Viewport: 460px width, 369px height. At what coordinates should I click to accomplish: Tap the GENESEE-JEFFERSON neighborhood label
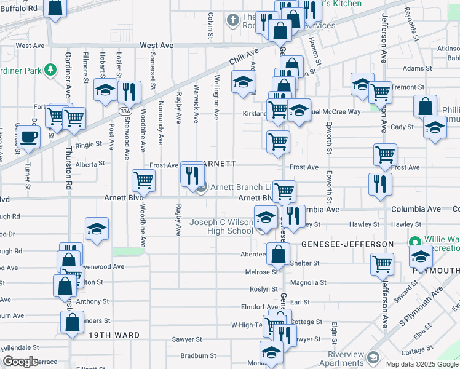pyautogui.click(x=347, y=244)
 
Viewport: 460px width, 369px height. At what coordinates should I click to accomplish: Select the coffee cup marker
pyautogui.click(x=29, y=137)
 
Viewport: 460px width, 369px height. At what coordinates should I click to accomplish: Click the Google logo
pyautogui.click(x=20, y=362)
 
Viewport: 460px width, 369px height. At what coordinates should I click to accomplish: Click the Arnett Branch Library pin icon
pyautogui.click(x=201, y=188)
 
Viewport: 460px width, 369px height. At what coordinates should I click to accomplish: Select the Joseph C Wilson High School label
pyautogui.click(x=221, y=226)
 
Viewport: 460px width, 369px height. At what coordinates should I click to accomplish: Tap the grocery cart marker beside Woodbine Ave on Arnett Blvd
pyautogui.click(x=143, y=180)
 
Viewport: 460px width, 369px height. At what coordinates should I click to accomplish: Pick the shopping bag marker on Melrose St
pyautogui.click(x=279, y=253)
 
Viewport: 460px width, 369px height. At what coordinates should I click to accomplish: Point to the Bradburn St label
pyautogui.click(x=196, y=356)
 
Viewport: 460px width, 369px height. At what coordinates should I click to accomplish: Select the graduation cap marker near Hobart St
pyautogui.click(x=106, y=90)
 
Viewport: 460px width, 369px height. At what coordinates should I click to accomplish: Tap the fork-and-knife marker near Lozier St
pyautogui.click(x=129, y=92)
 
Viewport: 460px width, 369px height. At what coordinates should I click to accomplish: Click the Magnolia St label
pyautogui.click(x=308, y=283)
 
